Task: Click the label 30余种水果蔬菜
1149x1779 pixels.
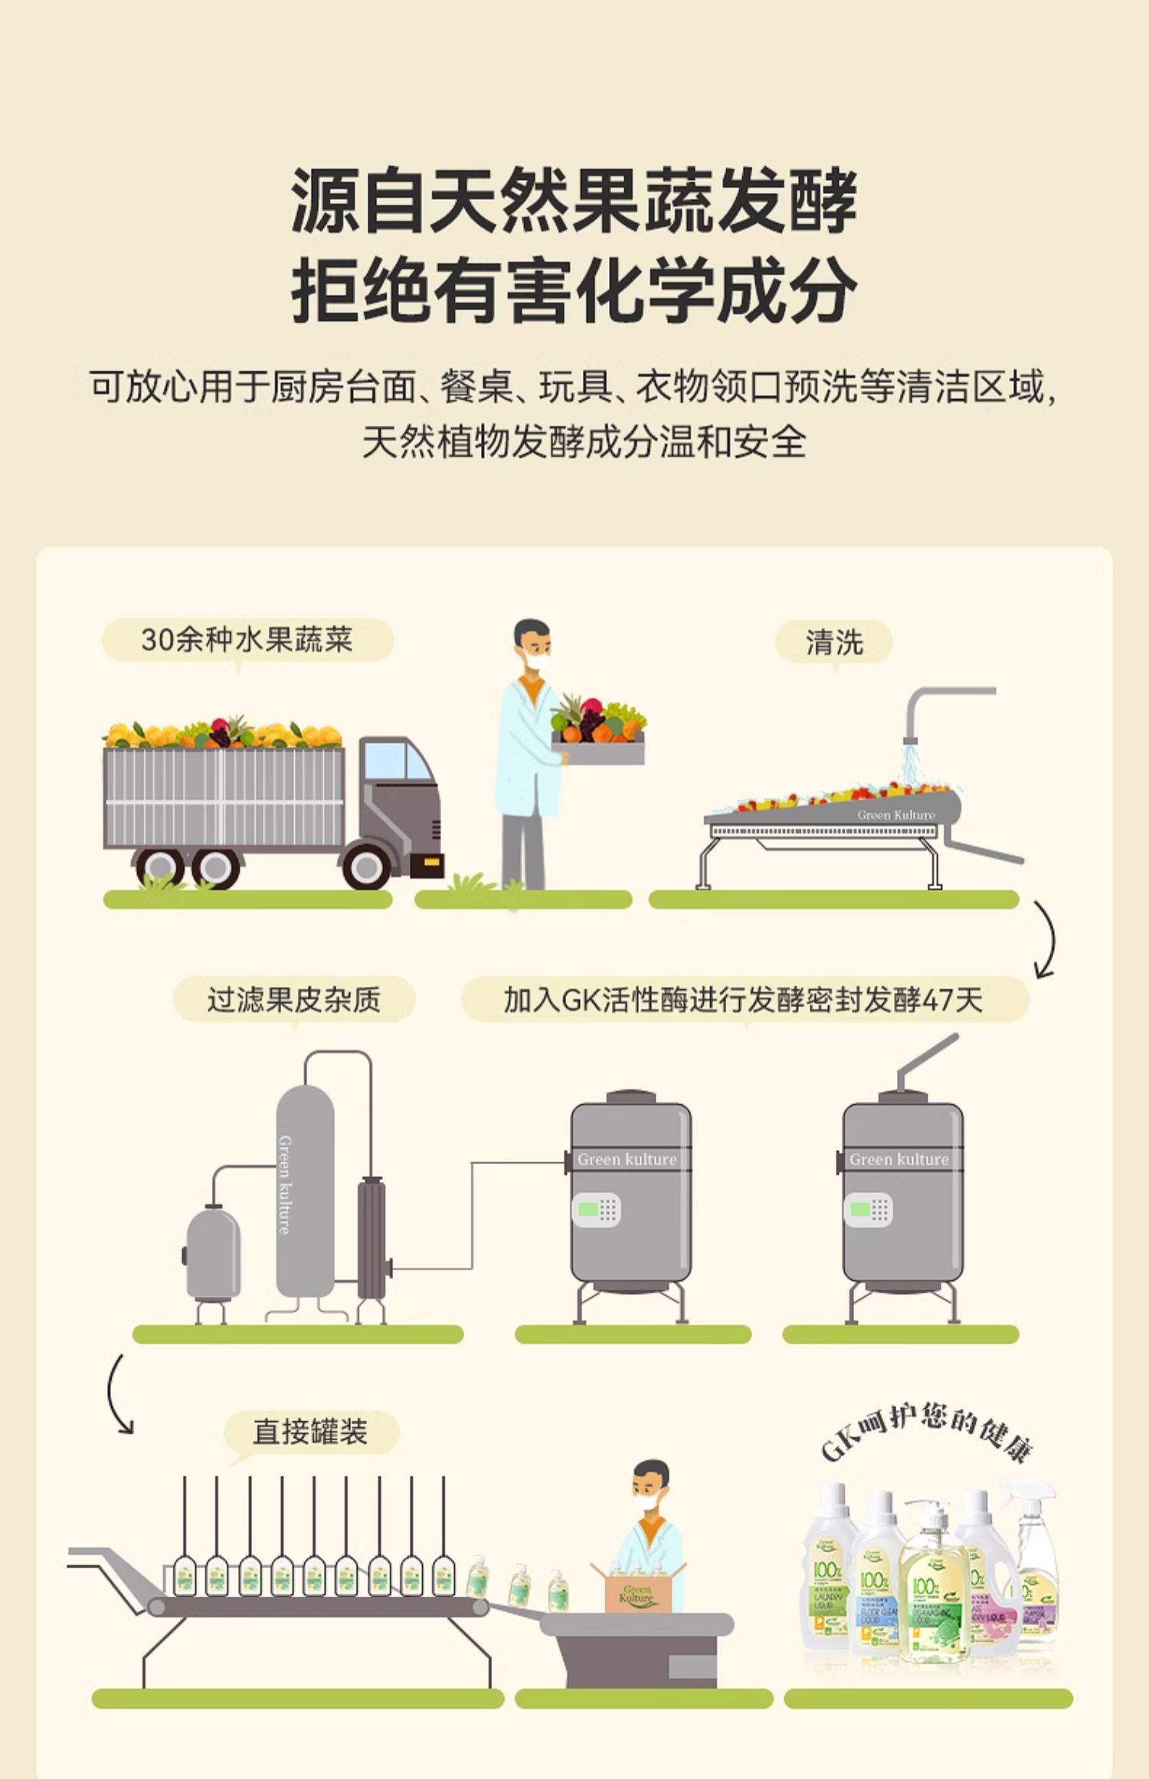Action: click(247, 640)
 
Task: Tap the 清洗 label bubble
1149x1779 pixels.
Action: click(833, 641)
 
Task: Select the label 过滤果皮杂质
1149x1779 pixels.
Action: click(293, 1000)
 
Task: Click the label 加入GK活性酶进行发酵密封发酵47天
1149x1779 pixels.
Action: click(743, 1000)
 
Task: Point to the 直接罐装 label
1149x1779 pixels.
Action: click(310, 1432)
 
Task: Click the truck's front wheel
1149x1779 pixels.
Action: click(365, 866)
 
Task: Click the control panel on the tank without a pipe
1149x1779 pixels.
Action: click(596, 1211)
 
